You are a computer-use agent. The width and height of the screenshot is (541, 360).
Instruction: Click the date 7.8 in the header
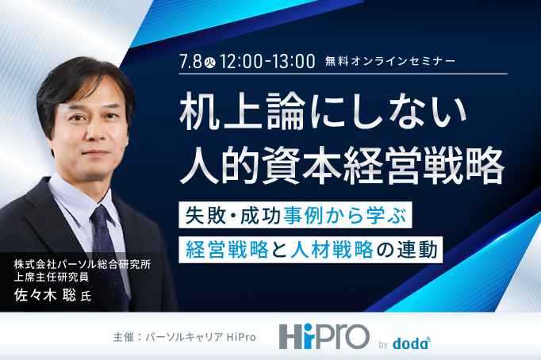coord(191,62)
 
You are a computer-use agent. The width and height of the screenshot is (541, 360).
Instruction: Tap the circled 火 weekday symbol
coord(209,63)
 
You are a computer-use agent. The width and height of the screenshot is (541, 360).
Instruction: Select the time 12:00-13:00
coord(267,61)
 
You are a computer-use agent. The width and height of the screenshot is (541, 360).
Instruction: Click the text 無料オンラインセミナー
coord(389,61)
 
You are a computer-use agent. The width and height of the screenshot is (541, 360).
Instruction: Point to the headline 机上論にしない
coord(323,112)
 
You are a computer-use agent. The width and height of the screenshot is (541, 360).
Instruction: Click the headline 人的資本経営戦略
coord(342,165)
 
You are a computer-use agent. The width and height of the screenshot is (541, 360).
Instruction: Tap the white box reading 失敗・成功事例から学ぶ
coord(295,215)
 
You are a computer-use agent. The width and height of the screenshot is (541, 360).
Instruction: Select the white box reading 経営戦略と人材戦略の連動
coord(310,250)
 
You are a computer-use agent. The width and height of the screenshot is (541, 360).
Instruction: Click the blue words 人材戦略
coord(332,250)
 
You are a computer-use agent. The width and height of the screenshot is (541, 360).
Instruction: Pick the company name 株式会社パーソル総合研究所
coord(82,265)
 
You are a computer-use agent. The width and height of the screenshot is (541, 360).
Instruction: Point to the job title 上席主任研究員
coord(52,277)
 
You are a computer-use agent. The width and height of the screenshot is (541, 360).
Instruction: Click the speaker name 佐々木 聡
coord(45,295)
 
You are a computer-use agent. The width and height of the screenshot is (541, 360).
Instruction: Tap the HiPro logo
coord(324,336)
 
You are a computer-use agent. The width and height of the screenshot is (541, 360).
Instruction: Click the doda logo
coord(412,343)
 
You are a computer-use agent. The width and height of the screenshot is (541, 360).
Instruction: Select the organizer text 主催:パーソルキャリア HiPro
coord(184,337)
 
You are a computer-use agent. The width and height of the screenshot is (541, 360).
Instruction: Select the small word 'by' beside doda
coord(383,344)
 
